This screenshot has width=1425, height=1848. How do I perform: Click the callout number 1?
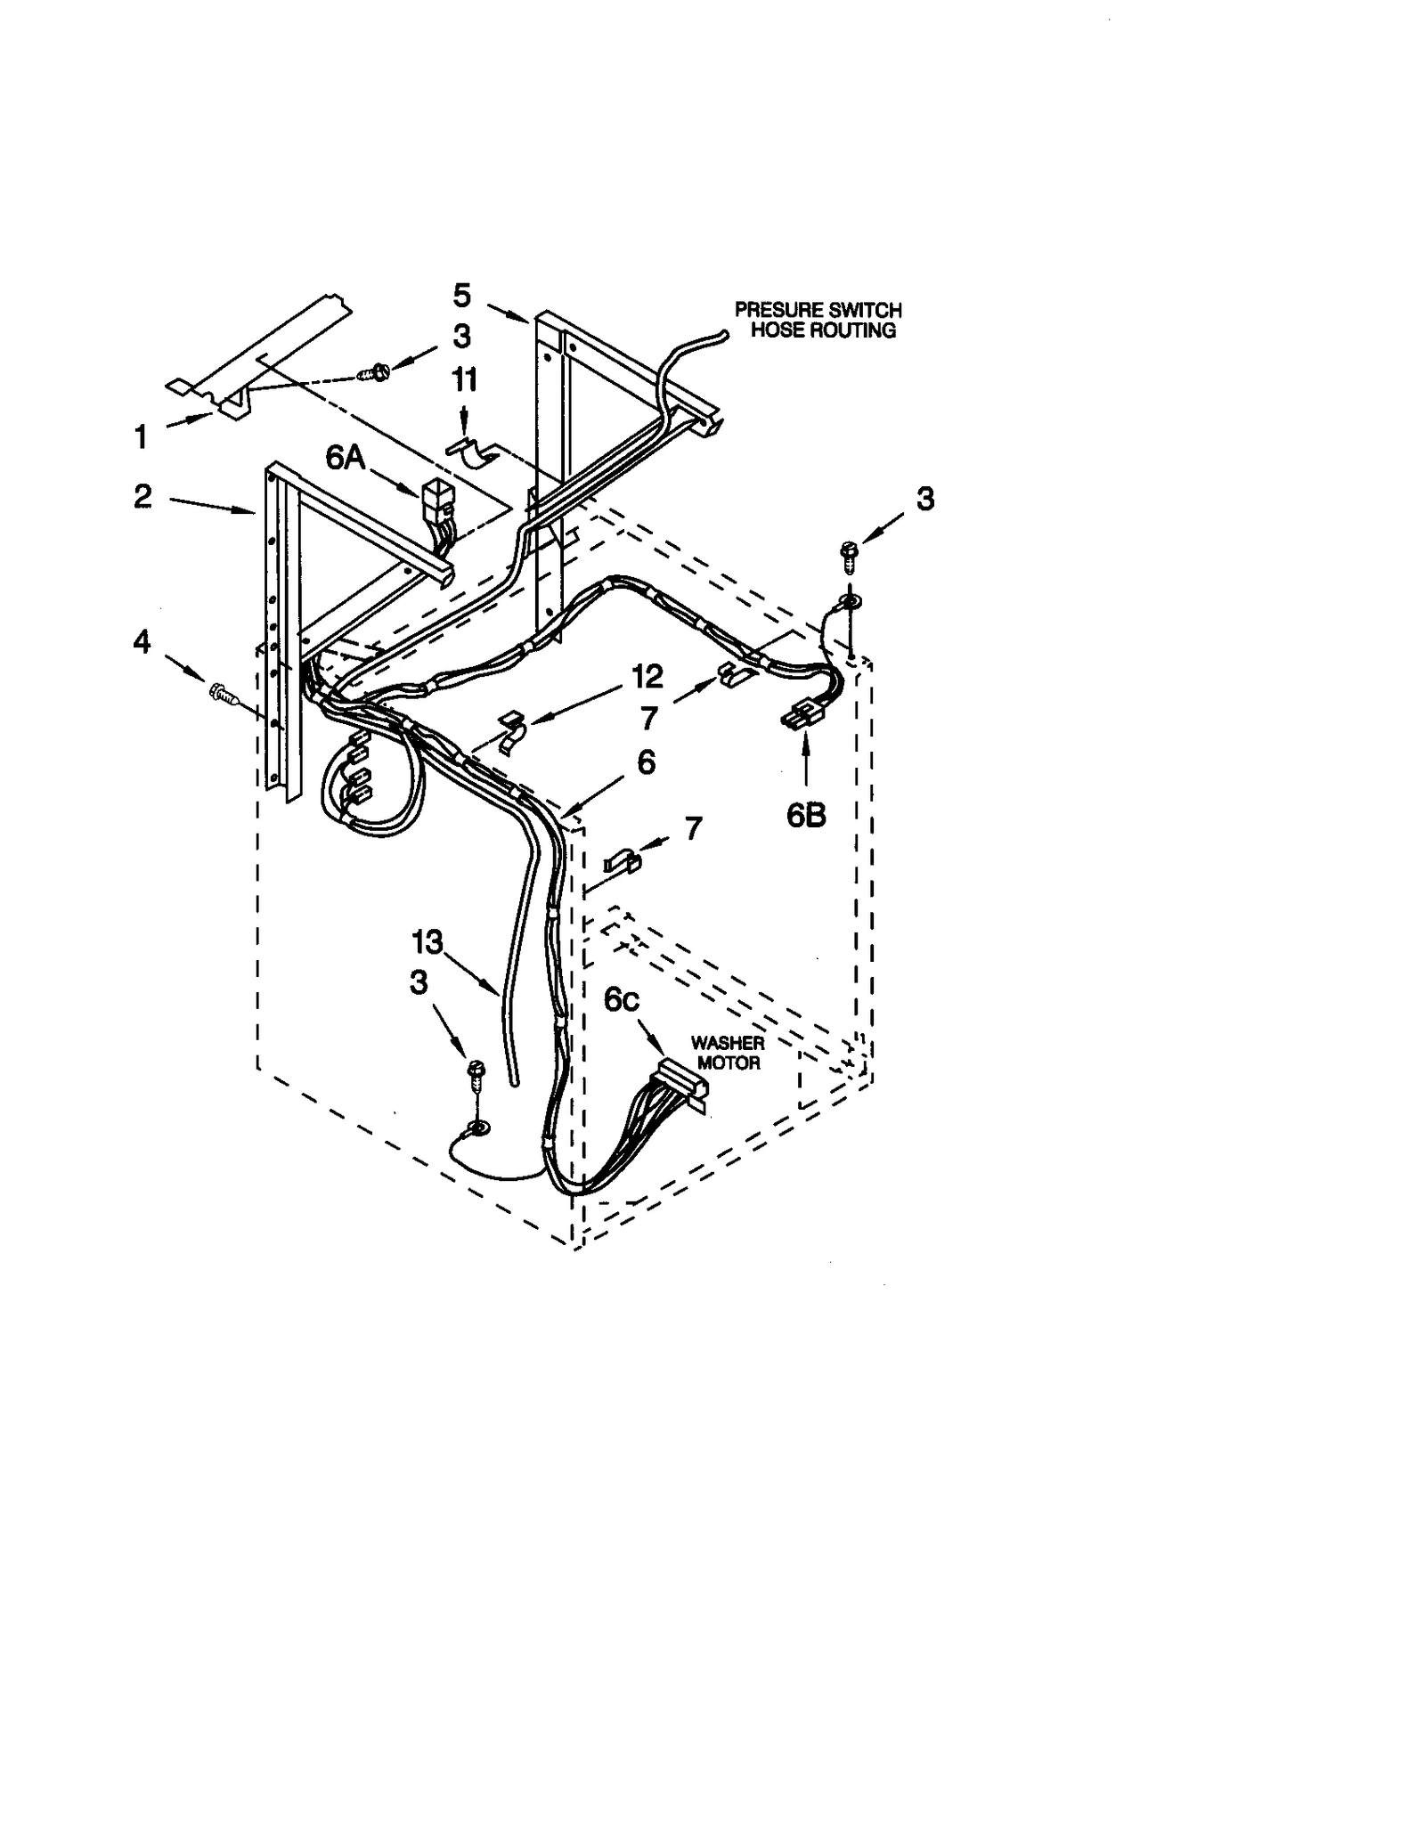(x=141, y=437)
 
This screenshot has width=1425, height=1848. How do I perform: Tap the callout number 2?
(x=143, y=497)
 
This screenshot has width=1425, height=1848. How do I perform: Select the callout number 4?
(x=142, y=642)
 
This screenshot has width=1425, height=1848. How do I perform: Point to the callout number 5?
(x=461, y=295)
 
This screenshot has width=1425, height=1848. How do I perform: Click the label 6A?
(x=346, y=457)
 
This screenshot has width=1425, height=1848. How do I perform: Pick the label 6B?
(x=805, y=815)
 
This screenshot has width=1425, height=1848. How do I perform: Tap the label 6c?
(x=621, y=1000)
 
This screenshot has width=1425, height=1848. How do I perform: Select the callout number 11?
(x=464, y=380)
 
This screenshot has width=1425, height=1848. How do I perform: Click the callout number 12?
(x=647, y=677)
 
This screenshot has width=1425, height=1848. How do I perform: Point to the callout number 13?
(x=427, y=941)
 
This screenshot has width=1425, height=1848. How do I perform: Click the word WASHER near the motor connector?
(x=728, y=1043)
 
